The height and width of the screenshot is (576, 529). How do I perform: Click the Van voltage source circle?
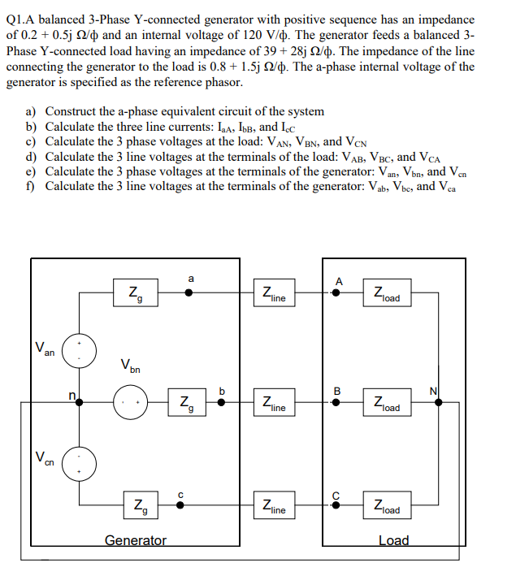(80, 350)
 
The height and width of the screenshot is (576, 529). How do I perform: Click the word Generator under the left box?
(136, 540)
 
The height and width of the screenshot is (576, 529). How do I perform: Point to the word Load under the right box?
(394, 540)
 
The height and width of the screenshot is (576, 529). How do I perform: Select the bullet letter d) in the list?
(32, 157)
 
